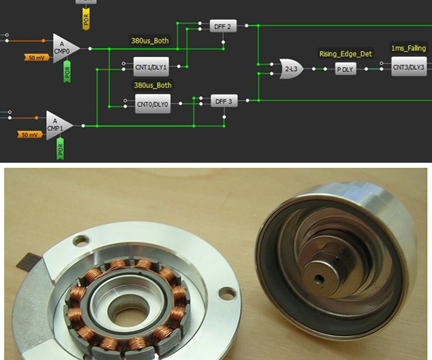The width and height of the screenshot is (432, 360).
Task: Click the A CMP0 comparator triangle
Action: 65,48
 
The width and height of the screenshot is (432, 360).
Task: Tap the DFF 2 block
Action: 222,27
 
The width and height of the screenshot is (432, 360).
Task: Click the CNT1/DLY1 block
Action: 151,67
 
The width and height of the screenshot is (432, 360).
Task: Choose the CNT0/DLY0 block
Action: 152,104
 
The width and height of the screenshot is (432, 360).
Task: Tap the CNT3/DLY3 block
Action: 408,68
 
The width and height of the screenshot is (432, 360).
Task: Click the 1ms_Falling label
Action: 408,48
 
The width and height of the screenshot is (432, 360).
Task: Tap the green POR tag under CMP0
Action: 67,71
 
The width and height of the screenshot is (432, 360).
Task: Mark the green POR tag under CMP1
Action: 60,148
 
